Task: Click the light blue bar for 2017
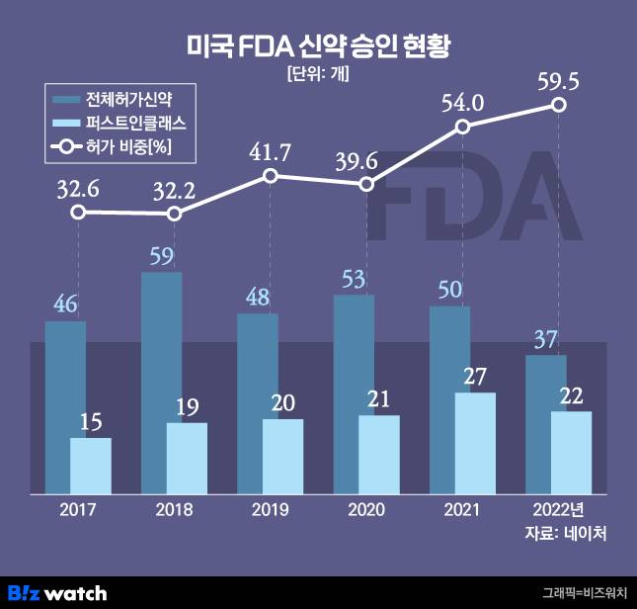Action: (x=90, y=465)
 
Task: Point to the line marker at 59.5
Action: (x=559, y=104)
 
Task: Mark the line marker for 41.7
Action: (x=271, y=176)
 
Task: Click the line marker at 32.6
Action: (x=78, y=212)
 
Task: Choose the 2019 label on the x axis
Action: (x=271, y=510)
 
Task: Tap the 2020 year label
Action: (x=366, y=510)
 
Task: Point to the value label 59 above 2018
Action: (x=161, y=255)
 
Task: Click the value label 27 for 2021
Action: (x=475, y=376)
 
